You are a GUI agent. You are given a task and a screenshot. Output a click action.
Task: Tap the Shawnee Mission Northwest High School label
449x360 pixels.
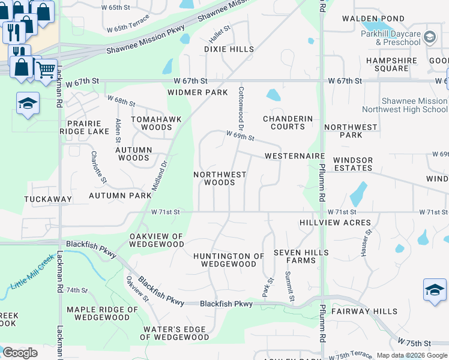point(405,105)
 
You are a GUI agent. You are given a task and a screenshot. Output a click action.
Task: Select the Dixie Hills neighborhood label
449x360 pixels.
point(229,49)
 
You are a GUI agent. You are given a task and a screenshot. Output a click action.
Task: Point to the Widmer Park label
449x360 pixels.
point(197,92)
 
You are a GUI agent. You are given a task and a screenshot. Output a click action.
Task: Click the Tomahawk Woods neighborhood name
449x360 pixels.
point(152,123)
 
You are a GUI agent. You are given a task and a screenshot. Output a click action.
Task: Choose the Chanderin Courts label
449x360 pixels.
point(288,122)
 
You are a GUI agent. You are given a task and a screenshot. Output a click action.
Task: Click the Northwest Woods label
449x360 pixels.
point(220,178)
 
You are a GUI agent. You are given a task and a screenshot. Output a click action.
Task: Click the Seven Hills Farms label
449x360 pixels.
point(295,256)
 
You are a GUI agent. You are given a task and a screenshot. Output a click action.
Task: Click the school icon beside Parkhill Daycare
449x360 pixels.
point(430,38)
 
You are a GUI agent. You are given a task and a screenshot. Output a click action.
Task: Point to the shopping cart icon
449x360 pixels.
point(46,70)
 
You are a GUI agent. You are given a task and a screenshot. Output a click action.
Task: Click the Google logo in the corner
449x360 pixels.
point(20,353)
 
